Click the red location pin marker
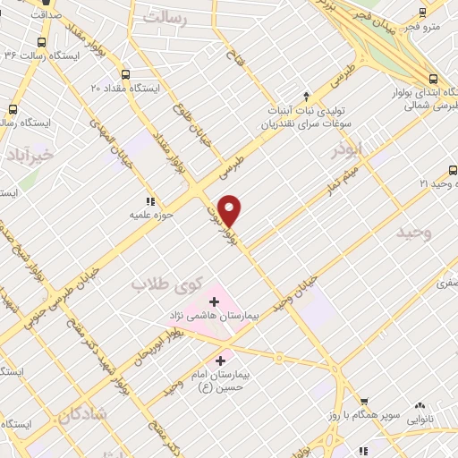tap(231, 210)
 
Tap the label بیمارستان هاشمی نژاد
tap(212, 316)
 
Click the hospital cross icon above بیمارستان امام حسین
tap(220, 360)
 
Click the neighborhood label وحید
tap(414, 233)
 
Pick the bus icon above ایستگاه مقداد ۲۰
tap(124, 74)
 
